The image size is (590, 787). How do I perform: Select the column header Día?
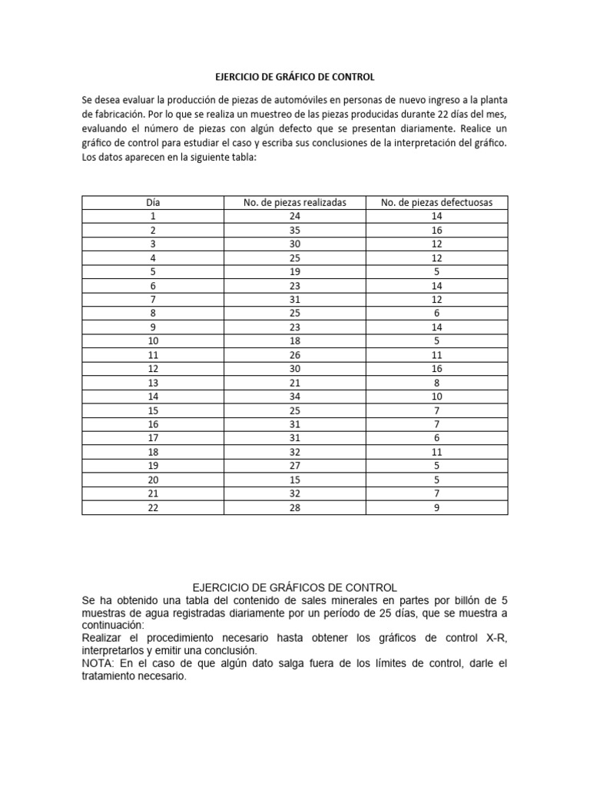click(x=153, y=202)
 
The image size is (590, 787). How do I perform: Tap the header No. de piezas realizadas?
click(x=295, y=202)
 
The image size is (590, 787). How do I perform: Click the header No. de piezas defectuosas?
click(x=437, y=202)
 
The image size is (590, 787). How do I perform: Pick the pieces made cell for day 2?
click(x=295, y=230)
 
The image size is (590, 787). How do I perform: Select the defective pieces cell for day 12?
click(x=437, y=368)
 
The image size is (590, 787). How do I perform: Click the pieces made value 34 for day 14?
click(x=295, y=396)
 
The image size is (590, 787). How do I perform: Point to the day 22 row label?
click(x=153, y=506)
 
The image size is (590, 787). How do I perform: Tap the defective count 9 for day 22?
click(x=437, y=506)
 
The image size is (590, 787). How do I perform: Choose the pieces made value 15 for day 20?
click(x=295, y=479)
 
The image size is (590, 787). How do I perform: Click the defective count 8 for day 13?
click(x=437, y=382)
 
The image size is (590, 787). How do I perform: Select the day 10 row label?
click(x=153, y=340)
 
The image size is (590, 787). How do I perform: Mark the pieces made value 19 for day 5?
click(x=295, y=271)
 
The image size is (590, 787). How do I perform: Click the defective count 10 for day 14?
click(x=437, y=396)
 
